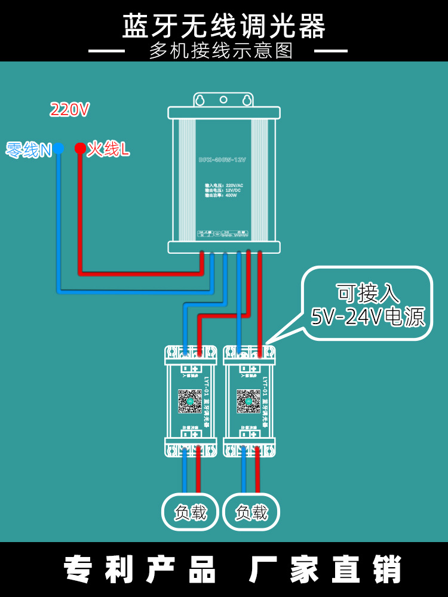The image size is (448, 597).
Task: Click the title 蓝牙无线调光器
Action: [224, 26]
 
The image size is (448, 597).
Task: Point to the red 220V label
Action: [69, 110]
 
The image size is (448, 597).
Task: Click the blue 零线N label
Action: [29, 150]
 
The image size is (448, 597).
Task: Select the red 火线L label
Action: [108, 149]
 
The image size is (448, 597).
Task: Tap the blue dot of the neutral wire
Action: [59, 149]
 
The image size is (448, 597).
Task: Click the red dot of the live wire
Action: [79, 148]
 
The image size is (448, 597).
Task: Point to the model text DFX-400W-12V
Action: [222, 160]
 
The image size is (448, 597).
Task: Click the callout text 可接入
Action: [368, 294]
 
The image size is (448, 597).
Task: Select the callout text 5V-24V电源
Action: [368, 317]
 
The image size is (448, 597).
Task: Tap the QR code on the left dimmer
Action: [190, 401]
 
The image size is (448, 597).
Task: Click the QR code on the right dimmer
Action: [248, 401]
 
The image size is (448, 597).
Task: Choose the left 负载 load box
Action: [190, 512]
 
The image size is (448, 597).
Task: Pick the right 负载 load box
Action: [251, 512]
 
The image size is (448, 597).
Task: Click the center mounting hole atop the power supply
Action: [224, 100]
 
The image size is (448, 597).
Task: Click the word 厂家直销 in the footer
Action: [326, 570]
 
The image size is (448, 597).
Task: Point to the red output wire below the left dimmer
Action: [198, 475]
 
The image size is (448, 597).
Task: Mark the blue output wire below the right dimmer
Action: [244, 475]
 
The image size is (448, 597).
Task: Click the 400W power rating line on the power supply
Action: [221, 195]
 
